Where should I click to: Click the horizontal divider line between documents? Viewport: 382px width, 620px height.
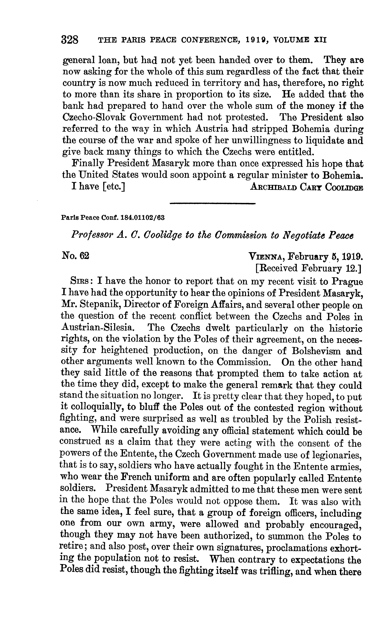pyautogui.click(x=213, y=203)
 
